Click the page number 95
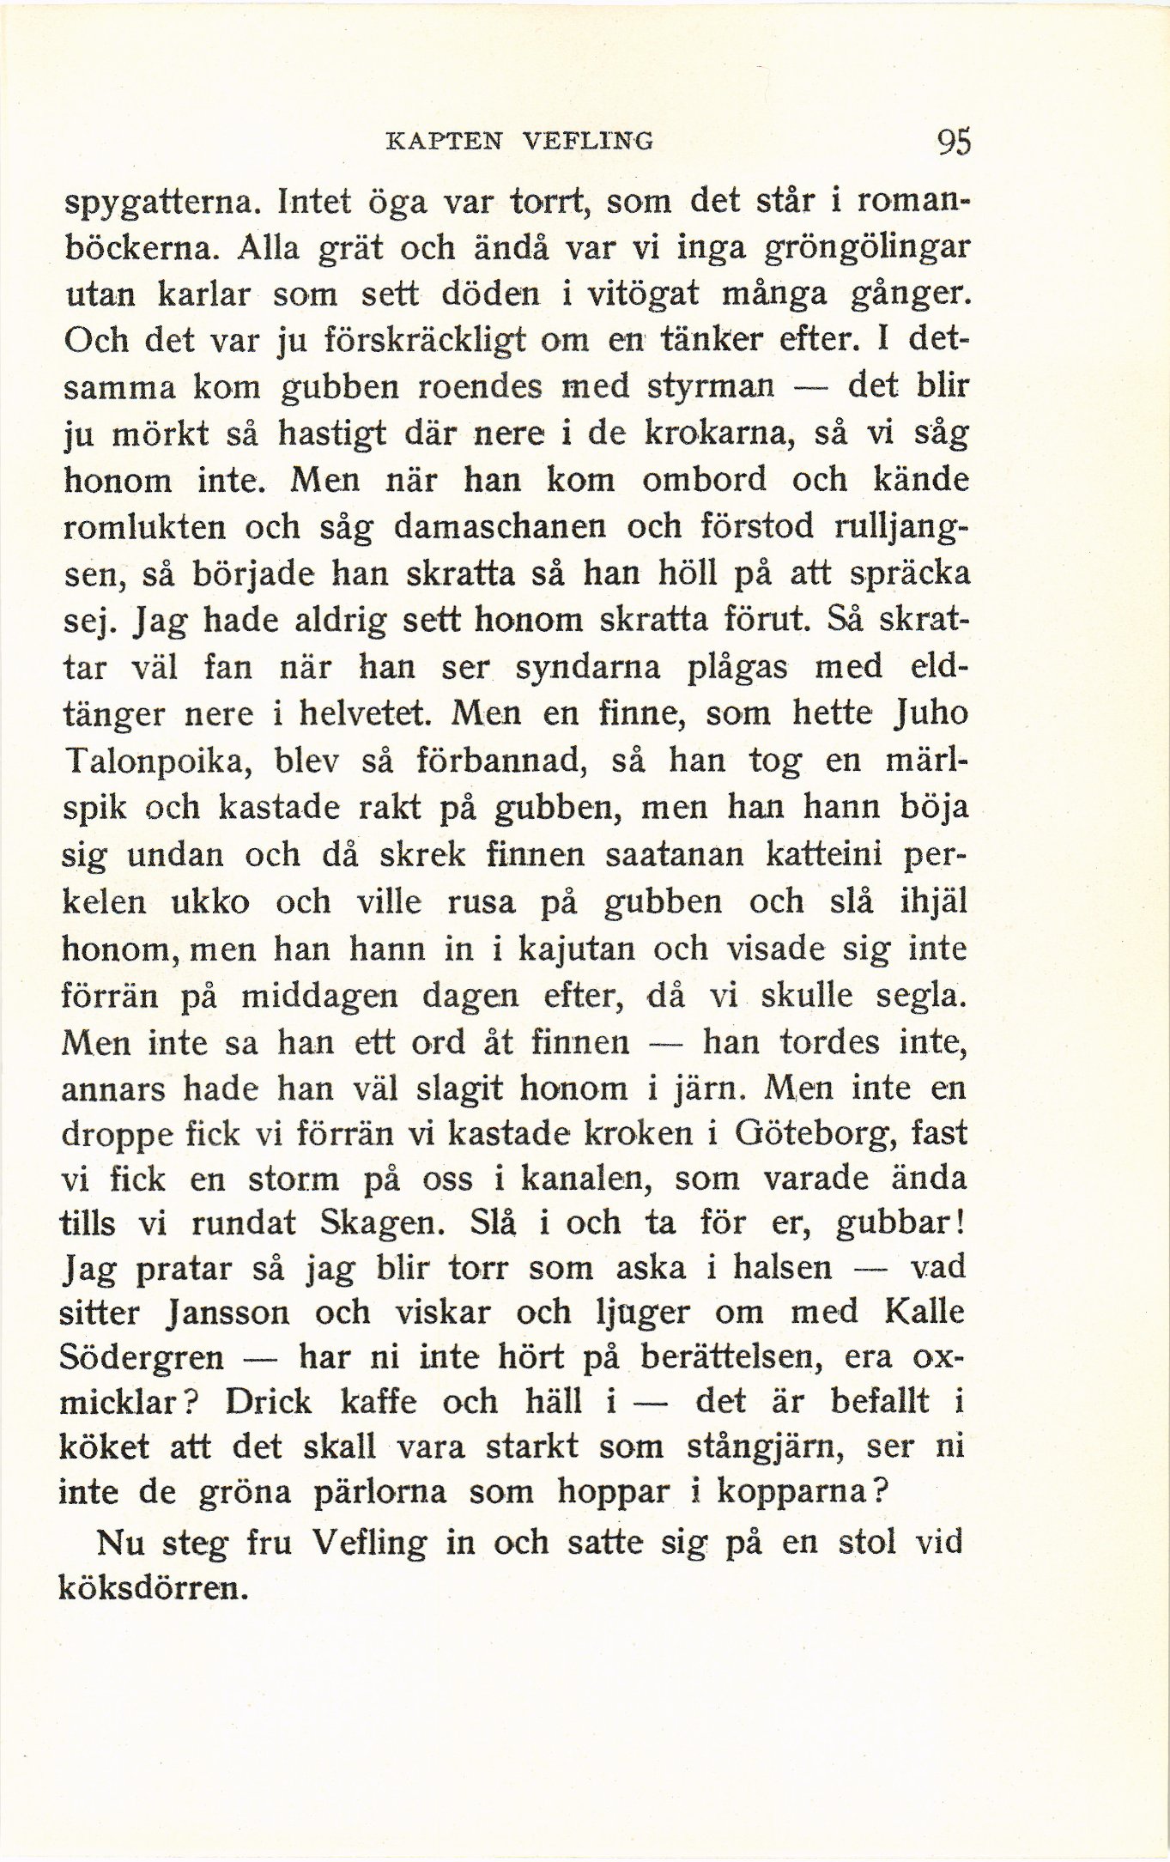(954, 141)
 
